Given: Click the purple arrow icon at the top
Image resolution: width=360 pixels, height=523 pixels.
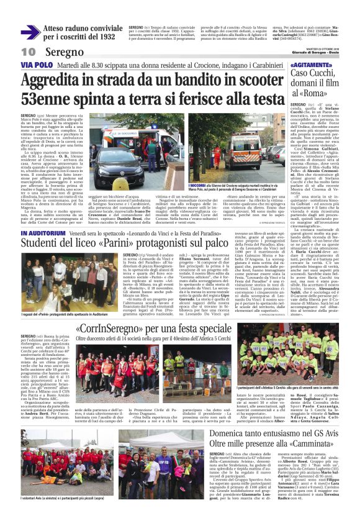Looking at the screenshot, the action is click(x=30, y=32).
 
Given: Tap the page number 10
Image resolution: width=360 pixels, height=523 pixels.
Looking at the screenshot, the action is click(x=28, y=52).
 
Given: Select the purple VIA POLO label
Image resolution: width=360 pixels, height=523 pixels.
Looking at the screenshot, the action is click(x=35, y=64).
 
